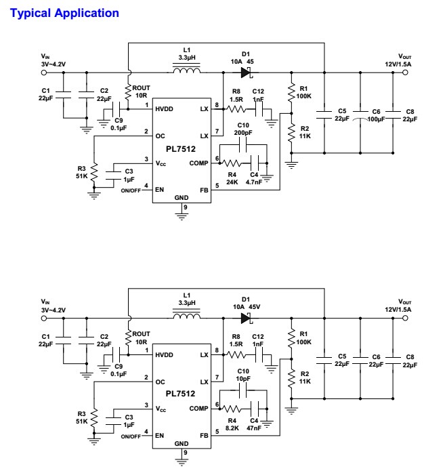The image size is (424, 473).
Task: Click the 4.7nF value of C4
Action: pos(255,182)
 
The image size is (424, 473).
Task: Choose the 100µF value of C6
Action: pos(377,119)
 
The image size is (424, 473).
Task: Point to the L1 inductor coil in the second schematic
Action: pos(186,316)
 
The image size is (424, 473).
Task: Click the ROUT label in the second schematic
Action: pos(141,333)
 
